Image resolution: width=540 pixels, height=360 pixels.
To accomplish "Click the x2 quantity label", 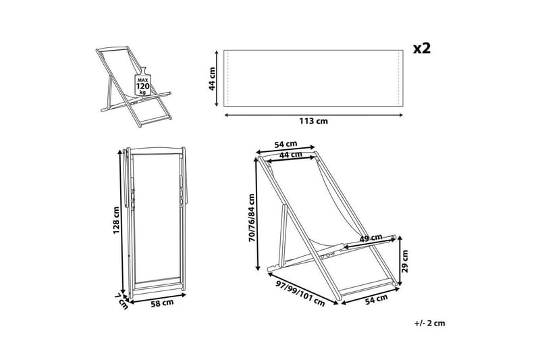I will [x=421, y=48].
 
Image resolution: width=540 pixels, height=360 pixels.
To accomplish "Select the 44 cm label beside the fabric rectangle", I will [x=212, y=79].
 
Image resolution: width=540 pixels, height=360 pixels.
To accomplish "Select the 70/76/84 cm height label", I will [x=251, y=217].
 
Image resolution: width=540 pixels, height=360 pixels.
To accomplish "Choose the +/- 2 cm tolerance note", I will [x=429, y=323].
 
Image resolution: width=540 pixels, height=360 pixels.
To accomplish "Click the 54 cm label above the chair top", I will [x=286, y=144].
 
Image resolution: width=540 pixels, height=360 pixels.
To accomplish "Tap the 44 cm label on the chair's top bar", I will [x=291, y=156].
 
